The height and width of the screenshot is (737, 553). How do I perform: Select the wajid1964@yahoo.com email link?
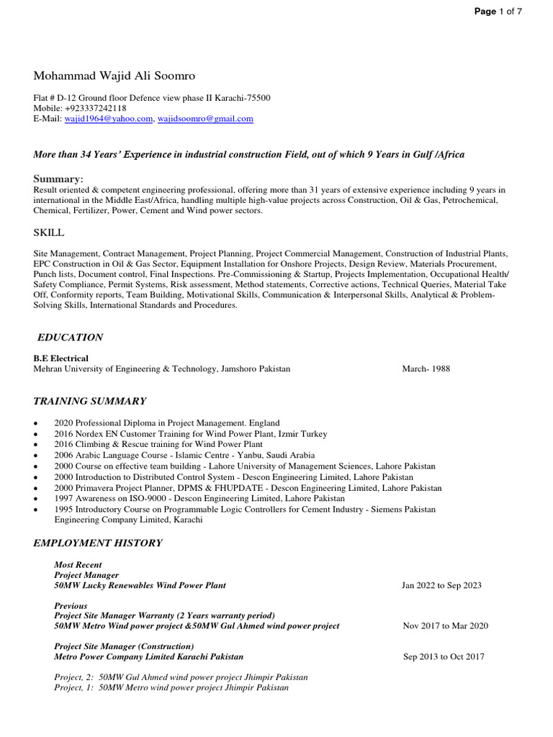pos(108,119)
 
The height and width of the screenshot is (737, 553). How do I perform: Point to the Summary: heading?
pos(58,178)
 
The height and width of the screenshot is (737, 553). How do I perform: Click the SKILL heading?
pos(49,232)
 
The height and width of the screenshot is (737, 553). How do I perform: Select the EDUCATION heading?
pos(70,338)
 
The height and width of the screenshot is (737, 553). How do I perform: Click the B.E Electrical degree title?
pos(61,358)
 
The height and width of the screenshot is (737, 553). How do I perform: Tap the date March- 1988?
pos(426,368)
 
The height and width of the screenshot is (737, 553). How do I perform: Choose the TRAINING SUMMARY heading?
pos(90,401)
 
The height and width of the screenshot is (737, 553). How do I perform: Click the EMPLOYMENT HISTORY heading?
pos(98,543)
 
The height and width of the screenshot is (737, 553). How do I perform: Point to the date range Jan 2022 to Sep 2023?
pos(441,585)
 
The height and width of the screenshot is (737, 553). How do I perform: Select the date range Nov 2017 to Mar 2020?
pos(445,626)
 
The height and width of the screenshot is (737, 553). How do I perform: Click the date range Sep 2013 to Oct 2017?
pos(444,656)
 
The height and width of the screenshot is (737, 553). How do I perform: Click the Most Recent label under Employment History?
pos(78,565)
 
